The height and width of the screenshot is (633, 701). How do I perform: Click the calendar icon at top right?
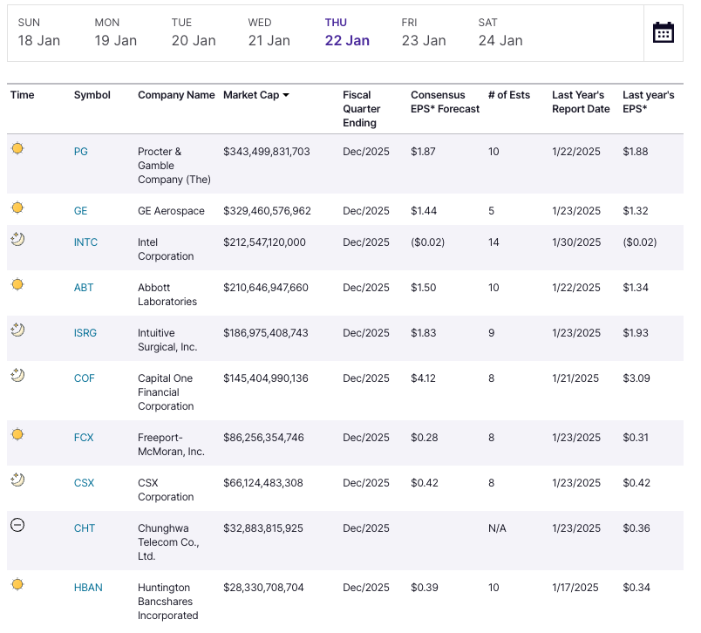pyautogui.click(x=664, y=32)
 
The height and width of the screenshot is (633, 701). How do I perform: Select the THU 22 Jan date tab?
pyautogui.click(x=347, y=32)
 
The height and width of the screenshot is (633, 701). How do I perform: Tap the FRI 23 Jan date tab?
pyautogui.click(x=423, y=32)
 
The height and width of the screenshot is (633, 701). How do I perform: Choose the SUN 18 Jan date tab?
pyautogui.click(x=39, y=32)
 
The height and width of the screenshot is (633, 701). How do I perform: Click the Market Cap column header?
pyautogui.click(x=256, y=95)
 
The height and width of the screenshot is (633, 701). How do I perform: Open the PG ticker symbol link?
pyautogui.click(x=81, y=152)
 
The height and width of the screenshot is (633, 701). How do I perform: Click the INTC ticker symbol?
pyautogui.click(x=85, y=242)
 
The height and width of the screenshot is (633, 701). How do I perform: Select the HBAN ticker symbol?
pyautogui.click(x=88, y=588)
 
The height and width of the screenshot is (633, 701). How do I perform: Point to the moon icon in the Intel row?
pyautogui.click(x=17, y=239)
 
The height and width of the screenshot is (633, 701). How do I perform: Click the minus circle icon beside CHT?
pyautogui.click(x=17, y=525)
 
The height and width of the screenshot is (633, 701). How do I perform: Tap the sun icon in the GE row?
pyautogui.click(x=17, y=208)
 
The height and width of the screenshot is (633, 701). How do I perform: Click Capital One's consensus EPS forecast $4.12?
pyautogui.click(x=423, y=378)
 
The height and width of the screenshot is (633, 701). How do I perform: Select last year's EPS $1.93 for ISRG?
pyautogui.click(x=636, y=333)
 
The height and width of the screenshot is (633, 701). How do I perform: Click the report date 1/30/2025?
pyautogui.click(x=575, y=242)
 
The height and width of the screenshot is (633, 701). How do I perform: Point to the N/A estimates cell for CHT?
pyautogui.click(x=497, y=528)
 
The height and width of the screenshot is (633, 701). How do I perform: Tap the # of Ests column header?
pyautogui.click(x=509, y=95)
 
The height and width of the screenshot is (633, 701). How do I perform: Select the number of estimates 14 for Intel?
pyautogui.click(x=493, y=242)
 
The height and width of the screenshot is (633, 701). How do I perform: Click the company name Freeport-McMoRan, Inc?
pyautogui.click(x=171, y=445)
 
